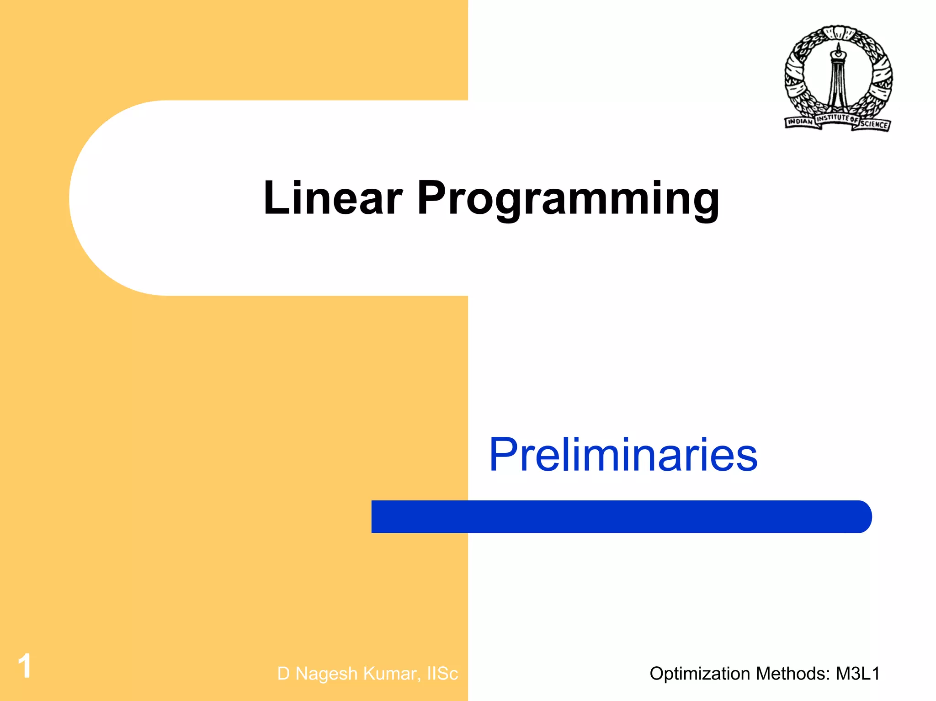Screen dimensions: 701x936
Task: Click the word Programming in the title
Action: click(x=568, y=200)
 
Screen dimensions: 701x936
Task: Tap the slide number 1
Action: click(x=25, y=666)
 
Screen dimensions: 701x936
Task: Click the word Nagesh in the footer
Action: click(x=326, y=674)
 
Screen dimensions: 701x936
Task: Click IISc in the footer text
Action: click(x=442, y=674)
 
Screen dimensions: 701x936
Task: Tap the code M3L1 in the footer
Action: click(x=858, y=674)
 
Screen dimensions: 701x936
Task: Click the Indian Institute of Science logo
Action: click(x=838, y=78)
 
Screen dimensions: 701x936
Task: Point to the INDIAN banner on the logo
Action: click(x=800, y=122)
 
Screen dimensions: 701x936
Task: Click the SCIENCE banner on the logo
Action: click(x=875, y=124)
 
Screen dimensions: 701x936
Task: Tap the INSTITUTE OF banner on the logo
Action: click(x=837, y=118)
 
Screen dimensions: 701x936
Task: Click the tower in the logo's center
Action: click(x=838, y=78)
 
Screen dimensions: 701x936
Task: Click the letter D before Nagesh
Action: click(x=283, y=674)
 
